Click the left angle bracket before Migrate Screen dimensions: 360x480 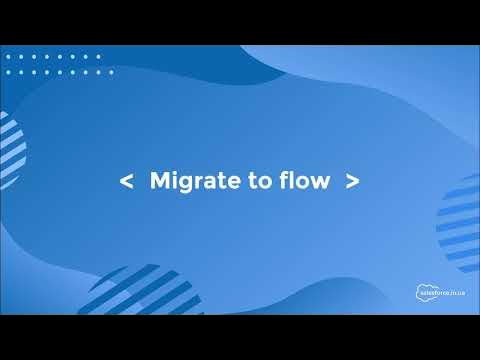click(x=126, y=181)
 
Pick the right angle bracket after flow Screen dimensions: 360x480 click(x=352, y=181)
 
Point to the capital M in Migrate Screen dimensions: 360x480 click(x=160, y=181)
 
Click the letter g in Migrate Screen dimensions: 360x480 click(x=183, y=183)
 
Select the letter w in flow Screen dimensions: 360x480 click(x=320, y=183)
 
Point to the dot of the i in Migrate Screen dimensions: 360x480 click(x=173, y=173)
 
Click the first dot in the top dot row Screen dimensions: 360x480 click(x=8, y=56)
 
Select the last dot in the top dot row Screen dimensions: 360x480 click(x=98, y=56)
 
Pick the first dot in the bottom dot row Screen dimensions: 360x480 click(x=8, y=73)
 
